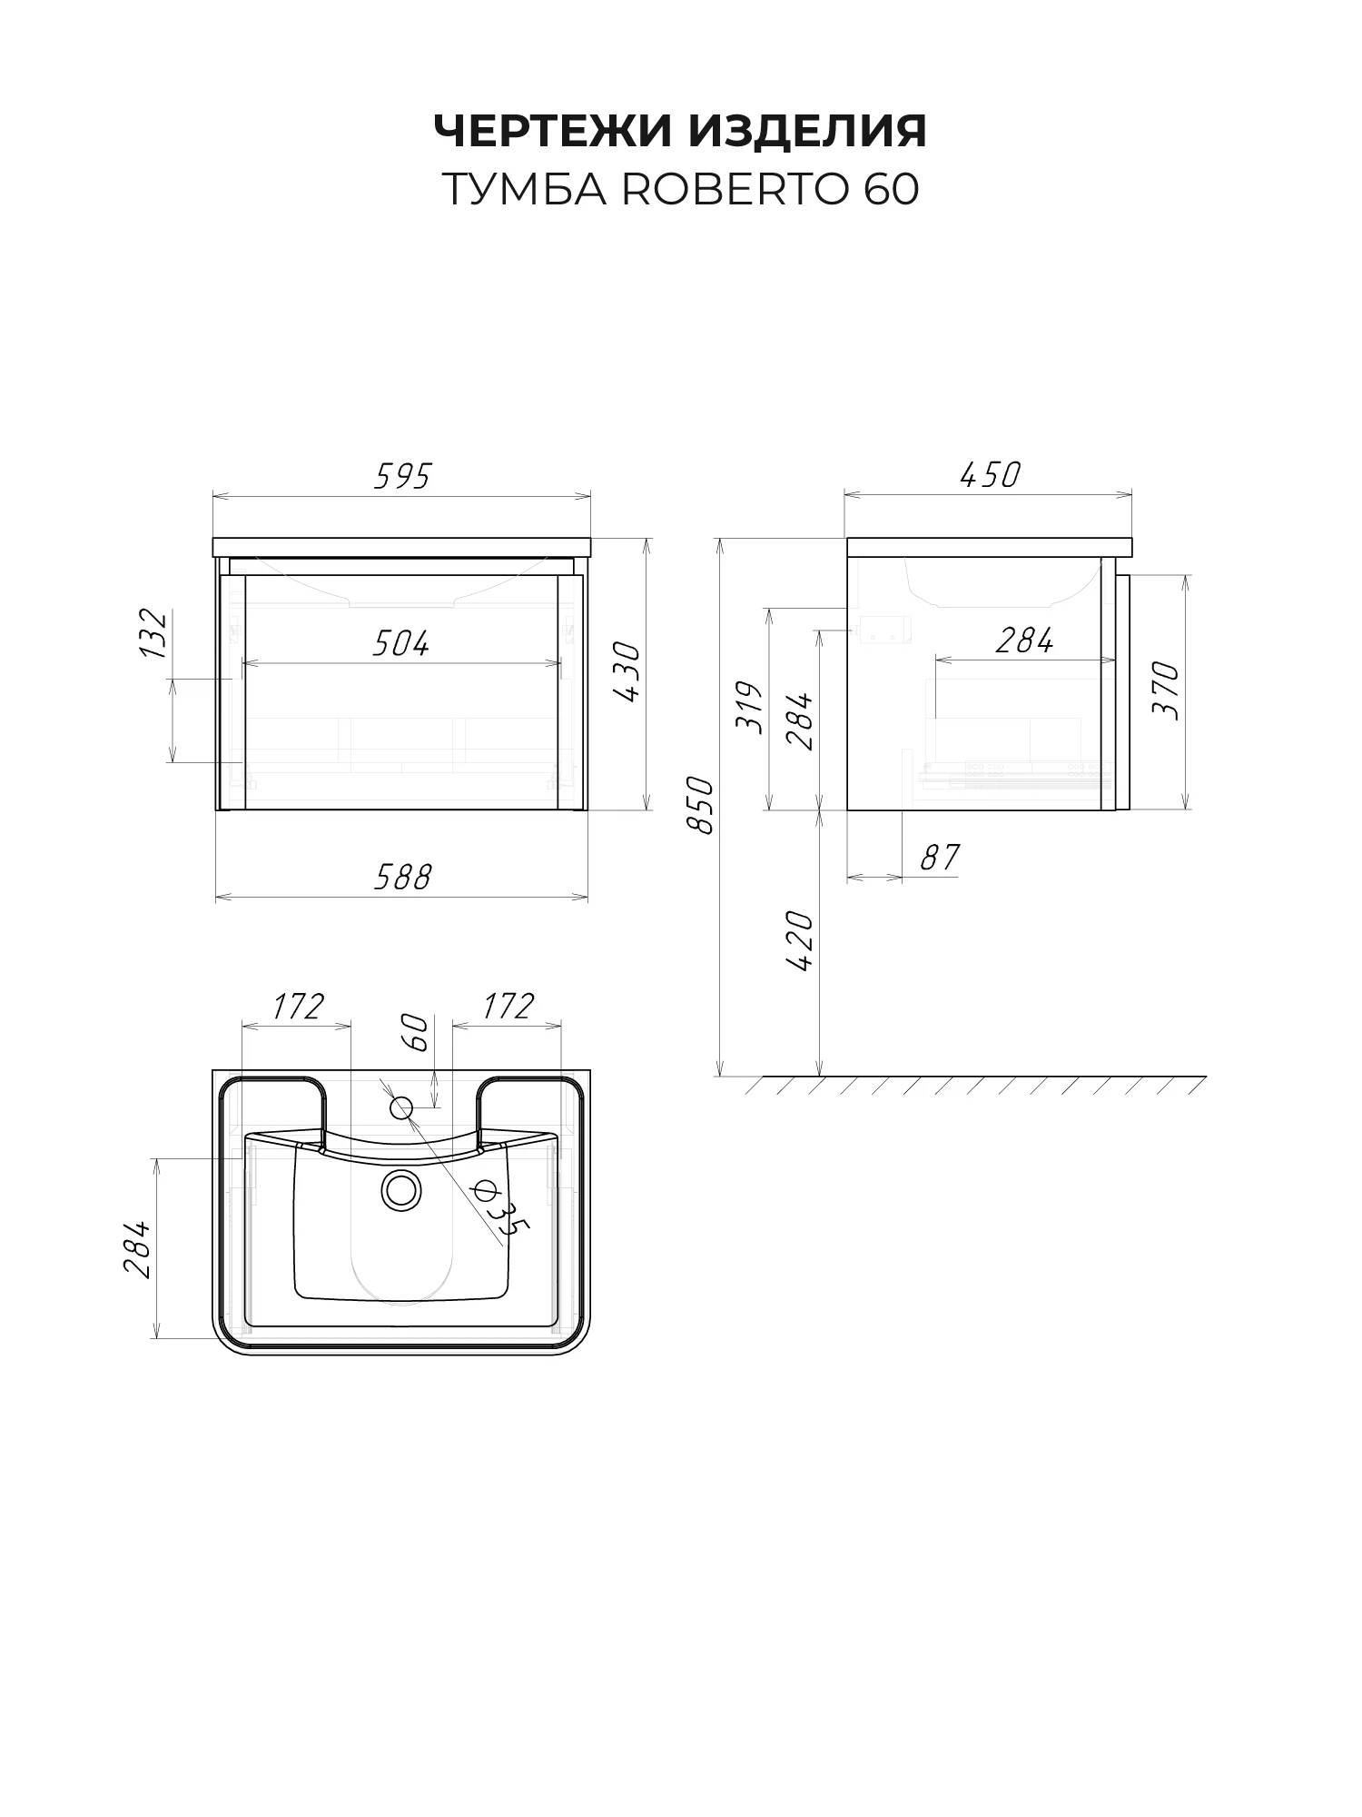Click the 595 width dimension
pyautogui.click(x=402, y=476)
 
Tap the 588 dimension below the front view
pyautogui.click(x=402, y=877)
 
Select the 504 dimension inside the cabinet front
pyautogui.click(x=400, y=643)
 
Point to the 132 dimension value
pyautogui.click(x=154, y=633)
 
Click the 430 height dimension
pyautogui.click(x=627, y=672)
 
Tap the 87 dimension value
pyautogui.click(x=940, y=857)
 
